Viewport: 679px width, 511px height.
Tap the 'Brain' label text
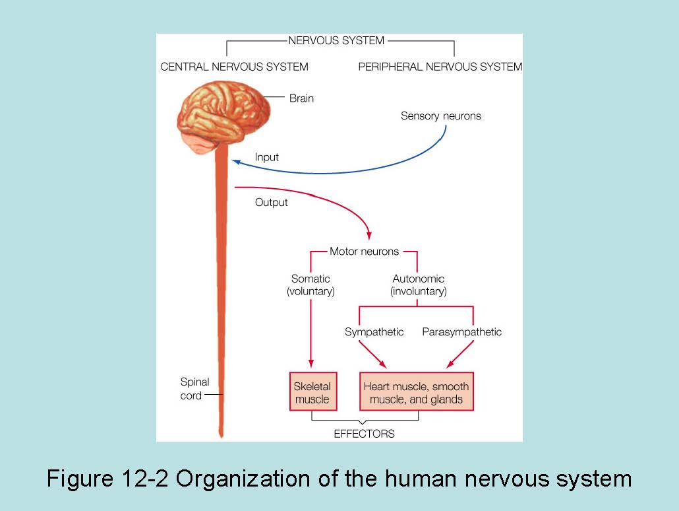click(301, 98)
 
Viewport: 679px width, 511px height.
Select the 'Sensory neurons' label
click(440, 116)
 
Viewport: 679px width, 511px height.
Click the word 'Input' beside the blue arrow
click(266, 157)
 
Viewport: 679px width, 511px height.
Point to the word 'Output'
click(271, 203)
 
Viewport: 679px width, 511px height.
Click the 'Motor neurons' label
click(364, 252)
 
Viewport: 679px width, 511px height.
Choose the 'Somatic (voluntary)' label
click(310, 285)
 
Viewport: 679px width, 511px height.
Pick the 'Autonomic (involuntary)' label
click(418, 285)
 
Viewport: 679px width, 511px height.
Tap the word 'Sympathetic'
click(374, 332)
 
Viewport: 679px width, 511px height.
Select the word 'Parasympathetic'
click(461, 332)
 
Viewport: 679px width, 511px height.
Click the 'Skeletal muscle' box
click(312, 392)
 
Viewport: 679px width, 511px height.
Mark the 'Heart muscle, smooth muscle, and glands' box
click(416, 392)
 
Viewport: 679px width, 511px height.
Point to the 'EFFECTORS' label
click(364, 434)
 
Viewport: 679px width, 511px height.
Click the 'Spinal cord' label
click(194, 389)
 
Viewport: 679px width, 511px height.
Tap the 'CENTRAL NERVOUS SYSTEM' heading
click(234, 67)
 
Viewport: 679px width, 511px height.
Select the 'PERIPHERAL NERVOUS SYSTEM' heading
click(440, 67)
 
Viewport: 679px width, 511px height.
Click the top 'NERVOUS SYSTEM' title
click(336, 41)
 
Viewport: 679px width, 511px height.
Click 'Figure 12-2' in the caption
click(107, 478)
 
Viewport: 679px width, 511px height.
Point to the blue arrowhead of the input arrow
click(235, 162)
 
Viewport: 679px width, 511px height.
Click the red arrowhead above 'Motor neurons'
click(369, 236)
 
